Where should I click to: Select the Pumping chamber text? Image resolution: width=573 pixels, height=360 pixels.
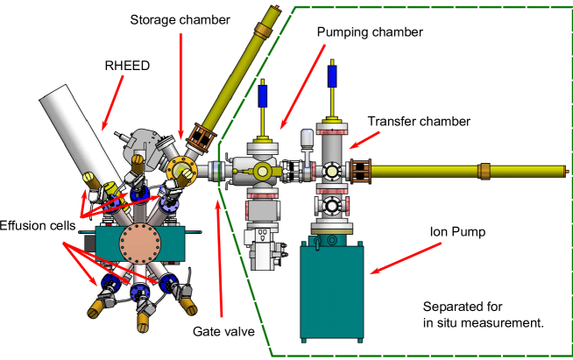[x=370, y=32]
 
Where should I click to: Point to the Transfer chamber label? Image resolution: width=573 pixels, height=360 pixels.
[x=419, y=121]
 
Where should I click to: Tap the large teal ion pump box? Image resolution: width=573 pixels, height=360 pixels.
[x=336, y=293]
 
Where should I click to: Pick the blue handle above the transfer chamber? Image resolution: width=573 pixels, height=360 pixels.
[x=333, y=76]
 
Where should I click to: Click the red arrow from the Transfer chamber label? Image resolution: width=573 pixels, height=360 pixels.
[x=363, y=136]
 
